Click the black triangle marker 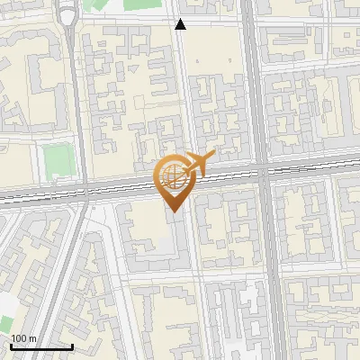[x=181, y=24]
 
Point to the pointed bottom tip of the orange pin [x=174, y=211]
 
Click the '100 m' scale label [x=23, y=337]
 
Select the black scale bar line [x=41, y=346]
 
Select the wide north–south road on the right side [x=256, y=90]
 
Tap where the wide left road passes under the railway [x=85, y=191]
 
